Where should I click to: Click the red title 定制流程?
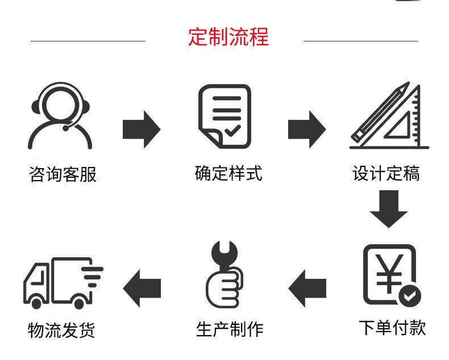(228, 37)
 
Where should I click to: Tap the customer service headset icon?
(60, 116)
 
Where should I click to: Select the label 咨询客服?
(63, 174)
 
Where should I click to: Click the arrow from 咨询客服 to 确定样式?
(142, 129)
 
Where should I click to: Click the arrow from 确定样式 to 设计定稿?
(306, 129)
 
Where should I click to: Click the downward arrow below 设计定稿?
(389, 208)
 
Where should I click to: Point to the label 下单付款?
(392, 328)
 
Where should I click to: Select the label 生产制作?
(230, 329)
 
